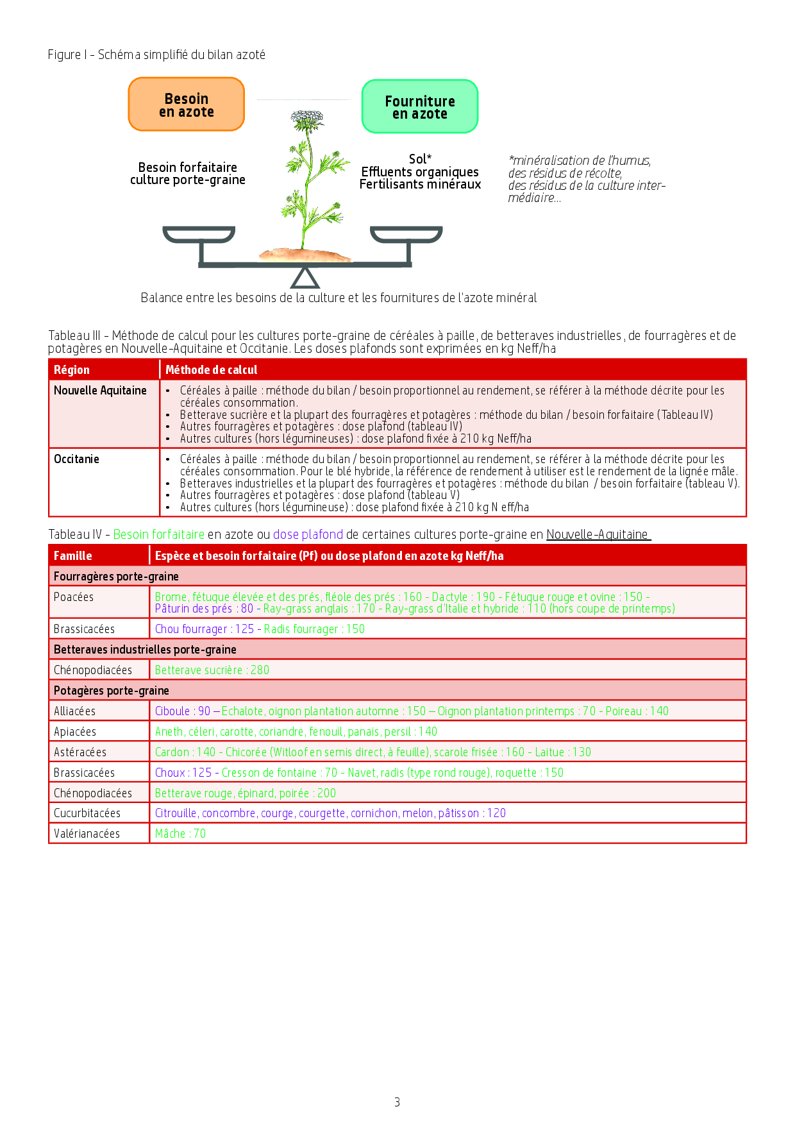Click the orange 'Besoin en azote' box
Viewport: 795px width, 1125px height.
click(186, 105)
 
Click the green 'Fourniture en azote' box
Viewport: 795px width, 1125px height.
click(419, 107)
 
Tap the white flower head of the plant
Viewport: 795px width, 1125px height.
click(307, 119)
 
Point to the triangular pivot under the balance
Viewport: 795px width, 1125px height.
click(305, 278)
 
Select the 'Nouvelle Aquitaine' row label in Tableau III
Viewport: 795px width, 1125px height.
click(100, 391)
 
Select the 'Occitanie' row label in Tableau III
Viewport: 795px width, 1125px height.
click(76, 459)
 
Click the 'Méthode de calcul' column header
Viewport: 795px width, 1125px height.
click(211, 370)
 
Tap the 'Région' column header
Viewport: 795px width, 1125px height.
click(72, 370)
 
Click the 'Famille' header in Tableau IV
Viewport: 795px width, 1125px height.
click(72, 556)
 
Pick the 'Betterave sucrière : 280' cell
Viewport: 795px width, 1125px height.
click(212, 670)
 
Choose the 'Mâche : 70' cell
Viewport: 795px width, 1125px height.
click(180, 834)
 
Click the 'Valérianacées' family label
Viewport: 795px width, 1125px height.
click(87, 834)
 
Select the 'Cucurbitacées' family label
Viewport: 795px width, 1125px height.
click(87, 813)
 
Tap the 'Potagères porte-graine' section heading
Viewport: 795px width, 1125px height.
click(112, 691)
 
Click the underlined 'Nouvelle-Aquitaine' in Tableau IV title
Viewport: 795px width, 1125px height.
click(598, 535)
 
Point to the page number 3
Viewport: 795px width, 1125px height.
click(397, 1102)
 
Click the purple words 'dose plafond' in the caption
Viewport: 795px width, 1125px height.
click(308, 535)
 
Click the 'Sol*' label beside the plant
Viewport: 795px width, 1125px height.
click(420, 159)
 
